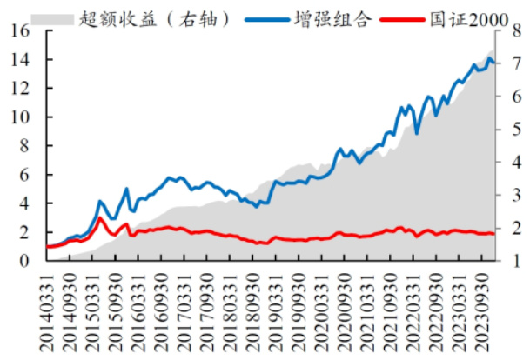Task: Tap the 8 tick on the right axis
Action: coord(506,31)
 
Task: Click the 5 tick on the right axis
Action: coord(506,130)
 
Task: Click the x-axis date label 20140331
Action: coord(45,309)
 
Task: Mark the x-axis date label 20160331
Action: coord(136,309)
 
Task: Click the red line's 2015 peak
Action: coord(100,217)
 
